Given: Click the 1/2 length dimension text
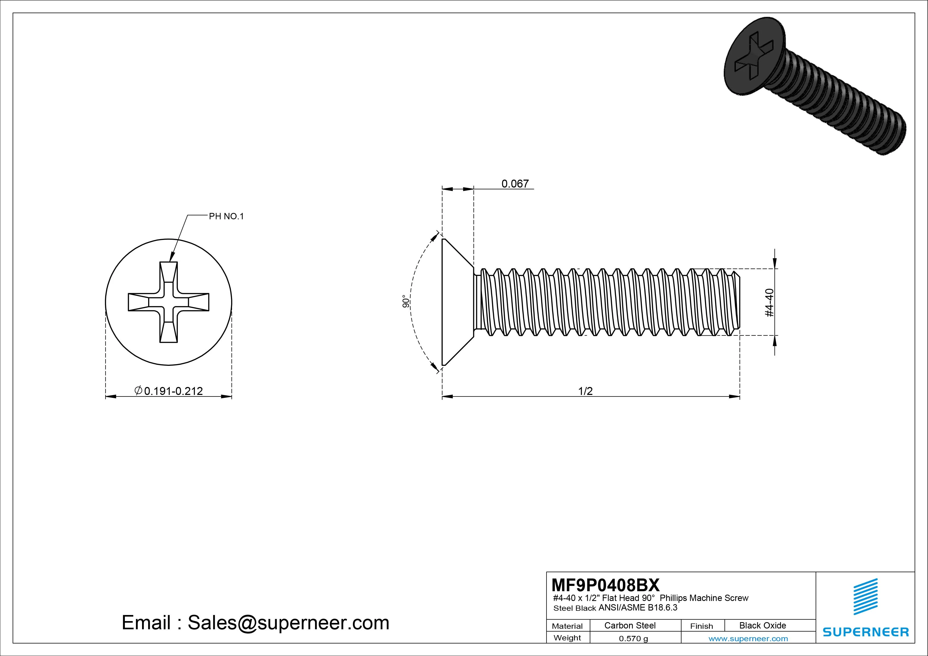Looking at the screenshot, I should (585, 391).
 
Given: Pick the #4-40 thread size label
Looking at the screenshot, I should (770, 302).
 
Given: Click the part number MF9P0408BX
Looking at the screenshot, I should (605, 585).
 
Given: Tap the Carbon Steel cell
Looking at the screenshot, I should (630, 625).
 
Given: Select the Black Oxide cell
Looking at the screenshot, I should (762, 625).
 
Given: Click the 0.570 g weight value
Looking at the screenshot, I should (633, 639).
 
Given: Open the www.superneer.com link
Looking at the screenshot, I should (748, 639).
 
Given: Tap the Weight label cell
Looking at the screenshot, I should (567, 638).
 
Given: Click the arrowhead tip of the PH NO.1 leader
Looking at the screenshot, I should (170, 261).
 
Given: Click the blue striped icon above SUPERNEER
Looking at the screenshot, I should (865, 596).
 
